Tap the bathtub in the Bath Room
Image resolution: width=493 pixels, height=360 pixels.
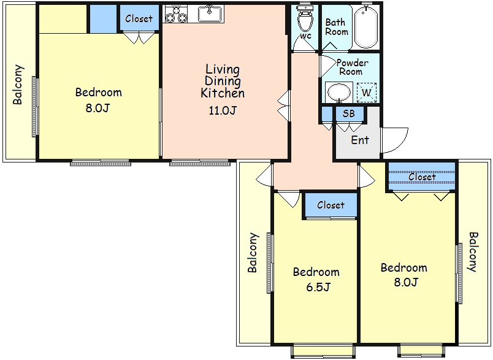[365, 27]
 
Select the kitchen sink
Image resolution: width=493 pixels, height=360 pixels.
[210, 14]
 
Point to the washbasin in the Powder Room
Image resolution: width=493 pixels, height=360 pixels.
[339, 93]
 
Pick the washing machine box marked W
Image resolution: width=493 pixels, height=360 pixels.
[367, 93]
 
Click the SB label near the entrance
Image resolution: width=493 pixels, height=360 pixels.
[349, 113]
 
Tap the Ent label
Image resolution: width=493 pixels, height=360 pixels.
[360, 140]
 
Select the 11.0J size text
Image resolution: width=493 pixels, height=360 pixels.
[223, 110]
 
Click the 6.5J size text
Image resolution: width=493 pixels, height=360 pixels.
[318, 287]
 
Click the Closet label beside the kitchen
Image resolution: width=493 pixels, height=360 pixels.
[139, 18]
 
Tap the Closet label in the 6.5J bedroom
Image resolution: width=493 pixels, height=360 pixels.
[331, 205]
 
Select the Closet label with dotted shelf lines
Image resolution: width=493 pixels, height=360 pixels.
[422, 177]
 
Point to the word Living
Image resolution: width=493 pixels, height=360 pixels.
[223, 69]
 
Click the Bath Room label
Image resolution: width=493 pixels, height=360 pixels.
[337, 27]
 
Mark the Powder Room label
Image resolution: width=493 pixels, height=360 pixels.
[352, 67]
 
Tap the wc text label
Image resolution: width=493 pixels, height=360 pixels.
[305, 36]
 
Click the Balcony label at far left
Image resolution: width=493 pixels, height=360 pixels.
[18, 84]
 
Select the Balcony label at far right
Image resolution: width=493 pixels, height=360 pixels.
[473, 252]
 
